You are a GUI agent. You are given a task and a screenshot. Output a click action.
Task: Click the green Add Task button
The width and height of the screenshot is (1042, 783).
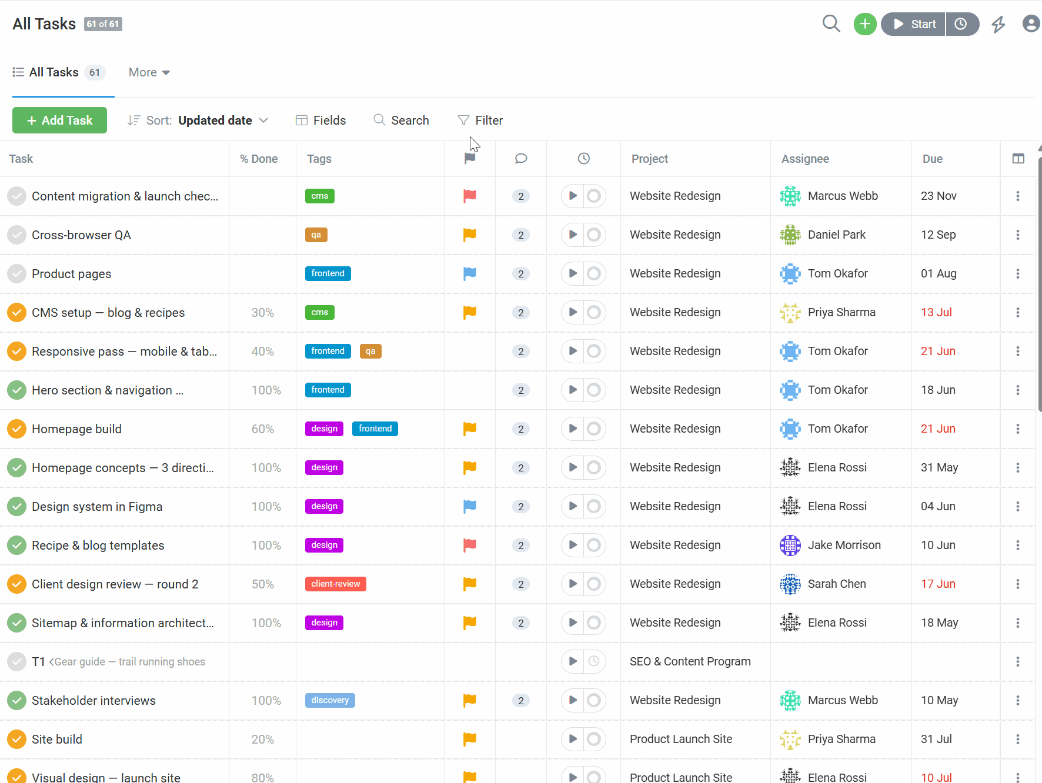point(59,120)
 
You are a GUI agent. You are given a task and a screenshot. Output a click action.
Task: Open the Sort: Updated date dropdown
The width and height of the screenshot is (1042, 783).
point(198,121)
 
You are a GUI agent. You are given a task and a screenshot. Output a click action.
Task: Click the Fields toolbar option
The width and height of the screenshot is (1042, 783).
point(320,121)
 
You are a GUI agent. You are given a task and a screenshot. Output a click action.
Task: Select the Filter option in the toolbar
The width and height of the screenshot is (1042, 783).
point(480,121)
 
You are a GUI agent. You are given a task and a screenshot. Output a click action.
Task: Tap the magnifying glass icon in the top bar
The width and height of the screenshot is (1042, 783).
point(831,24)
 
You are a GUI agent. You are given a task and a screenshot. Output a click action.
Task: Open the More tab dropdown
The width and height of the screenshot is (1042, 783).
point(149,72)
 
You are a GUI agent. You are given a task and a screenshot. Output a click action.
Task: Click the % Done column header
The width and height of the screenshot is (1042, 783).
point(259,159)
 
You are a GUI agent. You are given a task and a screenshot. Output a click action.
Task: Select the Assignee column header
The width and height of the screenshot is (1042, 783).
point(805,159)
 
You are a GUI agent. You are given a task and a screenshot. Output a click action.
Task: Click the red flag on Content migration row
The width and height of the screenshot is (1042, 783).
point(469,196)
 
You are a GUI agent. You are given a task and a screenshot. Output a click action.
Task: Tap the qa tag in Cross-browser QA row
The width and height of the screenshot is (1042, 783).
point(316,235)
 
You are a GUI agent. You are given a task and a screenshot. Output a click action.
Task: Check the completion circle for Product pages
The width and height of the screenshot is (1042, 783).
point(16,273)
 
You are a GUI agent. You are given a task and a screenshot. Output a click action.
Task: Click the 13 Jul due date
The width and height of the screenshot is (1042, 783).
point(936,312)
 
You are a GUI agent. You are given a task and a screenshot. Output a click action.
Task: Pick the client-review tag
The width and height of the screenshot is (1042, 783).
point(336,584)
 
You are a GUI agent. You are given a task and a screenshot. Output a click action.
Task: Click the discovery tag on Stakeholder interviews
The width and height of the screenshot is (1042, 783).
point(330,700)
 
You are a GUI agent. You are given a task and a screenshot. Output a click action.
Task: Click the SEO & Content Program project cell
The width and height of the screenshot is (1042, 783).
point(690,661)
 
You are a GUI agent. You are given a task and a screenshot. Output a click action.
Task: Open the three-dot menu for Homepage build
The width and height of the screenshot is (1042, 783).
point(1017,429)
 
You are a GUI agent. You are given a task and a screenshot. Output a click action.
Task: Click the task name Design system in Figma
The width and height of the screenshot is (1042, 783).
point(97,507)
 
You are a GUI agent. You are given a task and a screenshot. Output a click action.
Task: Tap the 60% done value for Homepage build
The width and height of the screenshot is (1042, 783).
point(263,429)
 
